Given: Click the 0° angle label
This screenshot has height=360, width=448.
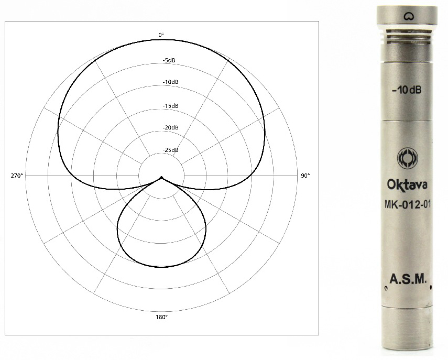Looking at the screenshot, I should [161, 35].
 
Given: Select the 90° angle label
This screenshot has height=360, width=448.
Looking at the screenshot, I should [305, 176].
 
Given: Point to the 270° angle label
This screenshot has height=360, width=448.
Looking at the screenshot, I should [17, 176].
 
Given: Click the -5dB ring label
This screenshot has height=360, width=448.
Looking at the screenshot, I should [169, 61].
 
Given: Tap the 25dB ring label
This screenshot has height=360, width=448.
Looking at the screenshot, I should [171, 150].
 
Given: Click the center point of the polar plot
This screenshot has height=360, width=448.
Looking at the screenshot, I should [161, 177].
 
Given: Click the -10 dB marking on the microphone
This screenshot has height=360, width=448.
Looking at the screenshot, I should [407, 90].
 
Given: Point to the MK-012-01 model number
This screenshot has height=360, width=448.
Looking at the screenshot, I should [407, 205].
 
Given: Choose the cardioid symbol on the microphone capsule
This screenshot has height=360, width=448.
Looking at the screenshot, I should [407, 17].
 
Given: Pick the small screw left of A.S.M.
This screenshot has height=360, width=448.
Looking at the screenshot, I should [386, 287].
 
